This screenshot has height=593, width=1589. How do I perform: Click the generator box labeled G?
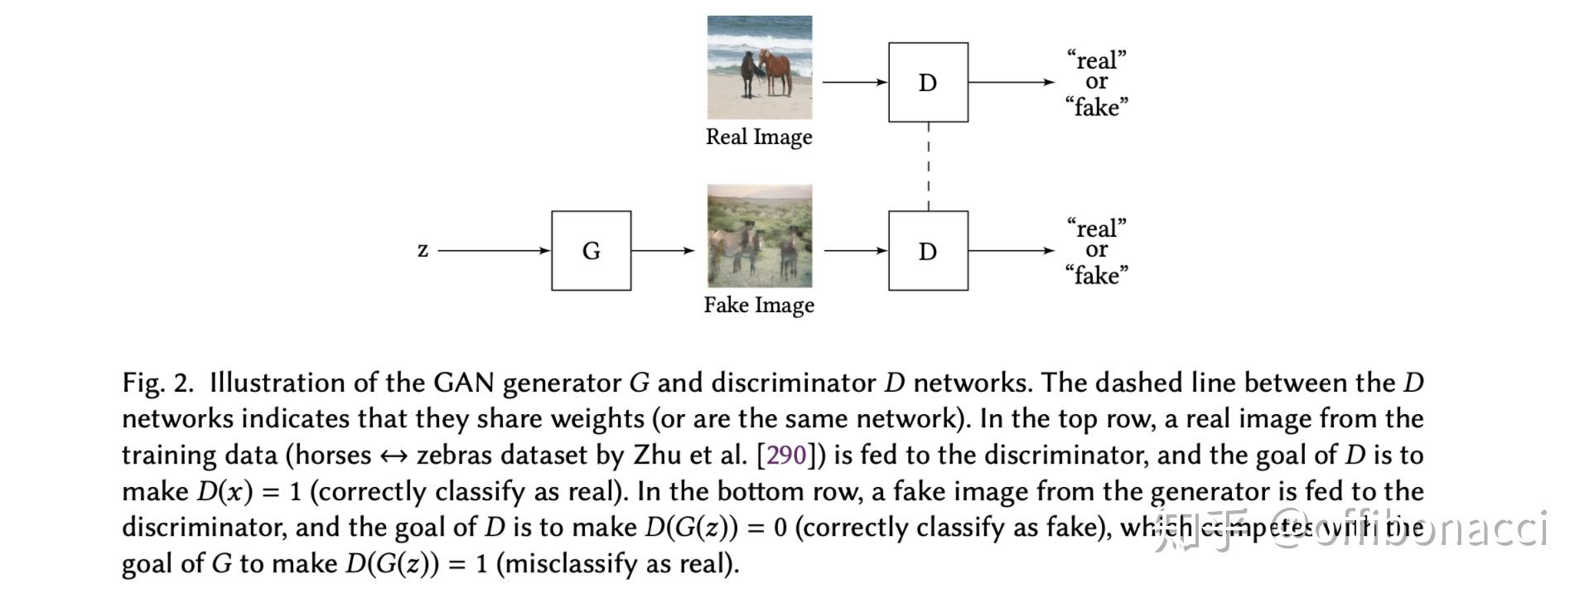591,250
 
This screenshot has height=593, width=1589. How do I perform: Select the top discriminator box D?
928,82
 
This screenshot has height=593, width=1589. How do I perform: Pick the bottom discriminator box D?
928,250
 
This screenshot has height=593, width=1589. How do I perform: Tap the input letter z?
423,249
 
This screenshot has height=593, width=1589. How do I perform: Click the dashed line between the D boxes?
928,166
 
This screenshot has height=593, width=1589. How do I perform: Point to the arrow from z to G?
493,250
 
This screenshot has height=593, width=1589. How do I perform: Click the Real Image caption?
758,137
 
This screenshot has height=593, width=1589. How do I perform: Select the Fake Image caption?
758,305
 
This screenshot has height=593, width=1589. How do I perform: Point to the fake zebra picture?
759,236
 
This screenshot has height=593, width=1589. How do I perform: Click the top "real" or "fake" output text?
1096,83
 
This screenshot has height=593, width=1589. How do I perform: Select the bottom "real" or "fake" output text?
1096,251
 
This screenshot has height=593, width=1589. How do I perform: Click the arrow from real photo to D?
853,82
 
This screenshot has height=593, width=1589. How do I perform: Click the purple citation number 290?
786,455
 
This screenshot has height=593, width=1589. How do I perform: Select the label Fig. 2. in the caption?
157,383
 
